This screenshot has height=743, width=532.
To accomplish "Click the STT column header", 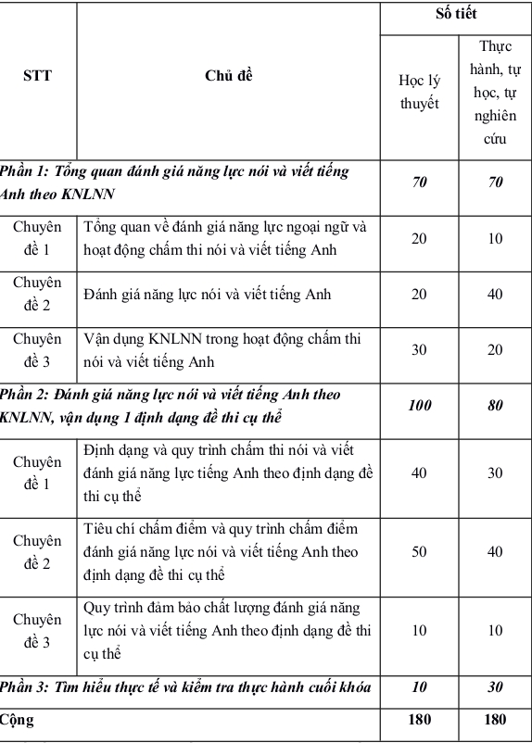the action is click(37, 76).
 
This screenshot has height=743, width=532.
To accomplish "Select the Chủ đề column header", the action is click(228, 76).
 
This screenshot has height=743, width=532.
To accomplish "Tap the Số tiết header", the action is click(456, 16).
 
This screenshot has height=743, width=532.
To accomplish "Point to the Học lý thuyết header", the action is click(419, 93).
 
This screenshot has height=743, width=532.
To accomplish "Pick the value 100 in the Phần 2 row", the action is click(419, 405).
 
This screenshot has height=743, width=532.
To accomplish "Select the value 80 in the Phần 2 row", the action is click(495, 405).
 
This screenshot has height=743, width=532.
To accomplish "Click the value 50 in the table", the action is click(419, 552).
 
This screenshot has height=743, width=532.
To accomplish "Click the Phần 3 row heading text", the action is click(184, 686).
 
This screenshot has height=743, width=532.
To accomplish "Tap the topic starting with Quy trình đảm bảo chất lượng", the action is click(226, 631).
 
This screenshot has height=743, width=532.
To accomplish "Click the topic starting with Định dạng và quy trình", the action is click(228, 472).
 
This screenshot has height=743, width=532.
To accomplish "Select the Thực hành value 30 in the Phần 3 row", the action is click(495, 686).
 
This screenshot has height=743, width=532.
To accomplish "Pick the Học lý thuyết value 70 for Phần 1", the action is click(419, 183).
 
